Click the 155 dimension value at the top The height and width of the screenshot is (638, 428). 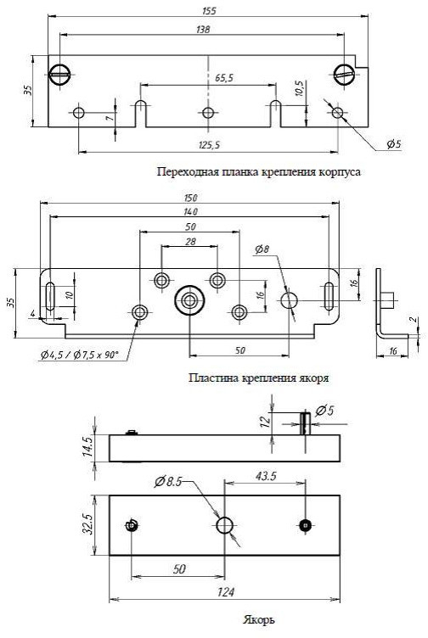point(209,10)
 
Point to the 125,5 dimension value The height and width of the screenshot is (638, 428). point(210,145)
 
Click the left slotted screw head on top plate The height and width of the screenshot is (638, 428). point(59,75)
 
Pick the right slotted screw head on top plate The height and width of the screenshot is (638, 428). point(345,74)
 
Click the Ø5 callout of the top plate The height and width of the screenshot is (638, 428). point(394,144)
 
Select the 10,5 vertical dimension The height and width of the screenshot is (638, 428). point(298,88)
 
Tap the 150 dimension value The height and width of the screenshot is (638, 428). point(190,199)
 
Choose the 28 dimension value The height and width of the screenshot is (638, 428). point(190,242)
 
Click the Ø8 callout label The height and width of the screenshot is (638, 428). point(262,249)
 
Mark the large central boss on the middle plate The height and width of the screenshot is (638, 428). point(189,301)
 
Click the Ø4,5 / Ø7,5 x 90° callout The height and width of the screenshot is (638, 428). point(80,355)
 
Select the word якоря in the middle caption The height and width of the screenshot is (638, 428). point(315,378)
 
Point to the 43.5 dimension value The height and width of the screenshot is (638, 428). point(266,476)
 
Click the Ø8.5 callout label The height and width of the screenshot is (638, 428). point(168,482)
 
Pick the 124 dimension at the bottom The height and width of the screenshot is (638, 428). point(226,592)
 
